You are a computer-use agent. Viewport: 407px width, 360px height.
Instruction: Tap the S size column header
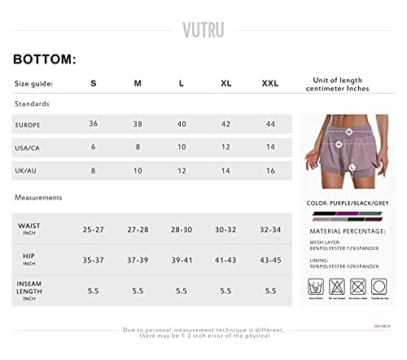tap(93, 83)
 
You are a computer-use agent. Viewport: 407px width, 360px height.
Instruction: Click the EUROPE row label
tap(27, 125)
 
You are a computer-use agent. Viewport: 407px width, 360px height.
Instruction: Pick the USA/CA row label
tap(27, 148)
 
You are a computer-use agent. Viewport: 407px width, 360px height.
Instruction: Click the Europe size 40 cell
tap(182, 124)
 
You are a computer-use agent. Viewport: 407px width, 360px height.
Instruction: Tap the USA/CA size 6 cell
tap(93, 147)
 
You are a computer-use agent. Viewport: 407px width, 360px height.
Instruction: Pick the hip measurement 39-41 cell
tap(182, 261)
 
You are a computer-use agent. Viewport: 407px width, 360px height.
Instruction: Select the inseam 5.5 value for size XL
tap(225, 291)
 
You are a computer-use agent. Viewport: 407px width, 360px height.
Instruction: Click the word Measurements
tap(38, 197)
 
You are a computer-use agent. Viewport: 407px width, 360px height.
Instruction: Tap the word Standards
tap(32, 104)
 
